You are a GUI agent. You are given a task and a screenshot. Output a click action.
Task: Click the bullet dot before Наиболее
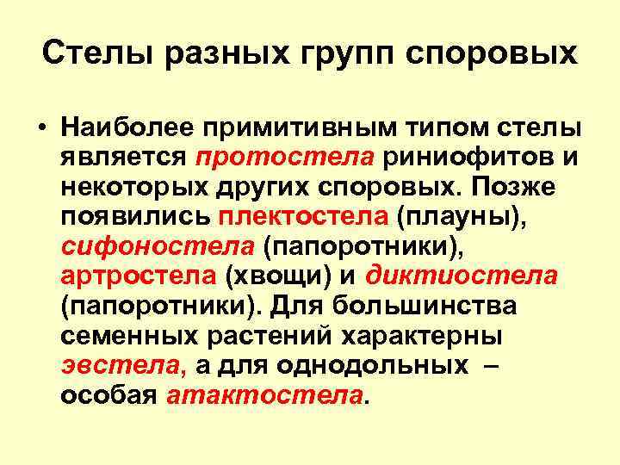point(40,128)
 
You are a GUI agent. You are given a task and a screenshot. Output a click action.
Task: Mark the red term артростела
point(138,276)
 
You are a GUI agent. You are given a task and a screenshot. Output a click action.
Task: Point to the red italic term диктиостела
point(462,276)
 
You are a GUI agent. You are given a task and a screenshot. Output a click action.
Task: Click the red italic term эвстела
point(121,366)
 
